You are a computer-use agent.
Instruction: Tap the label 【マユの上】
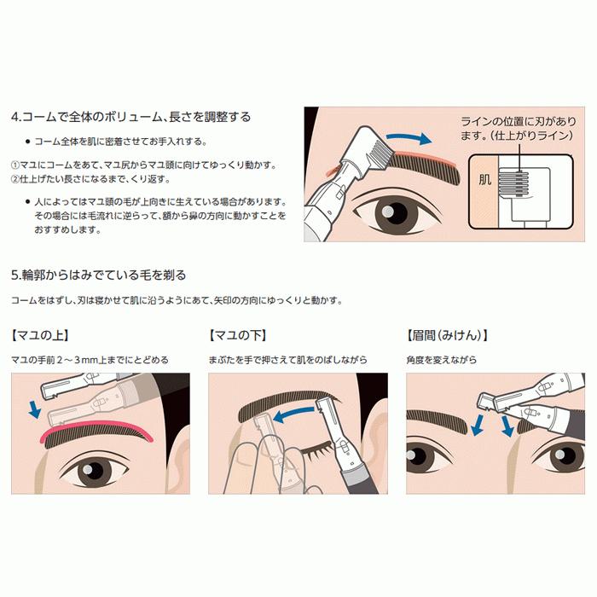(x=40, y=335)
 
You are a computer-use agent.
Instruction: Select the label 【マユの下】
(x=238, y=335)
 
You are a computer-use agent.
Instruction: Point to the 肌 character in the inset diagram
(x=485, y=182)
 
